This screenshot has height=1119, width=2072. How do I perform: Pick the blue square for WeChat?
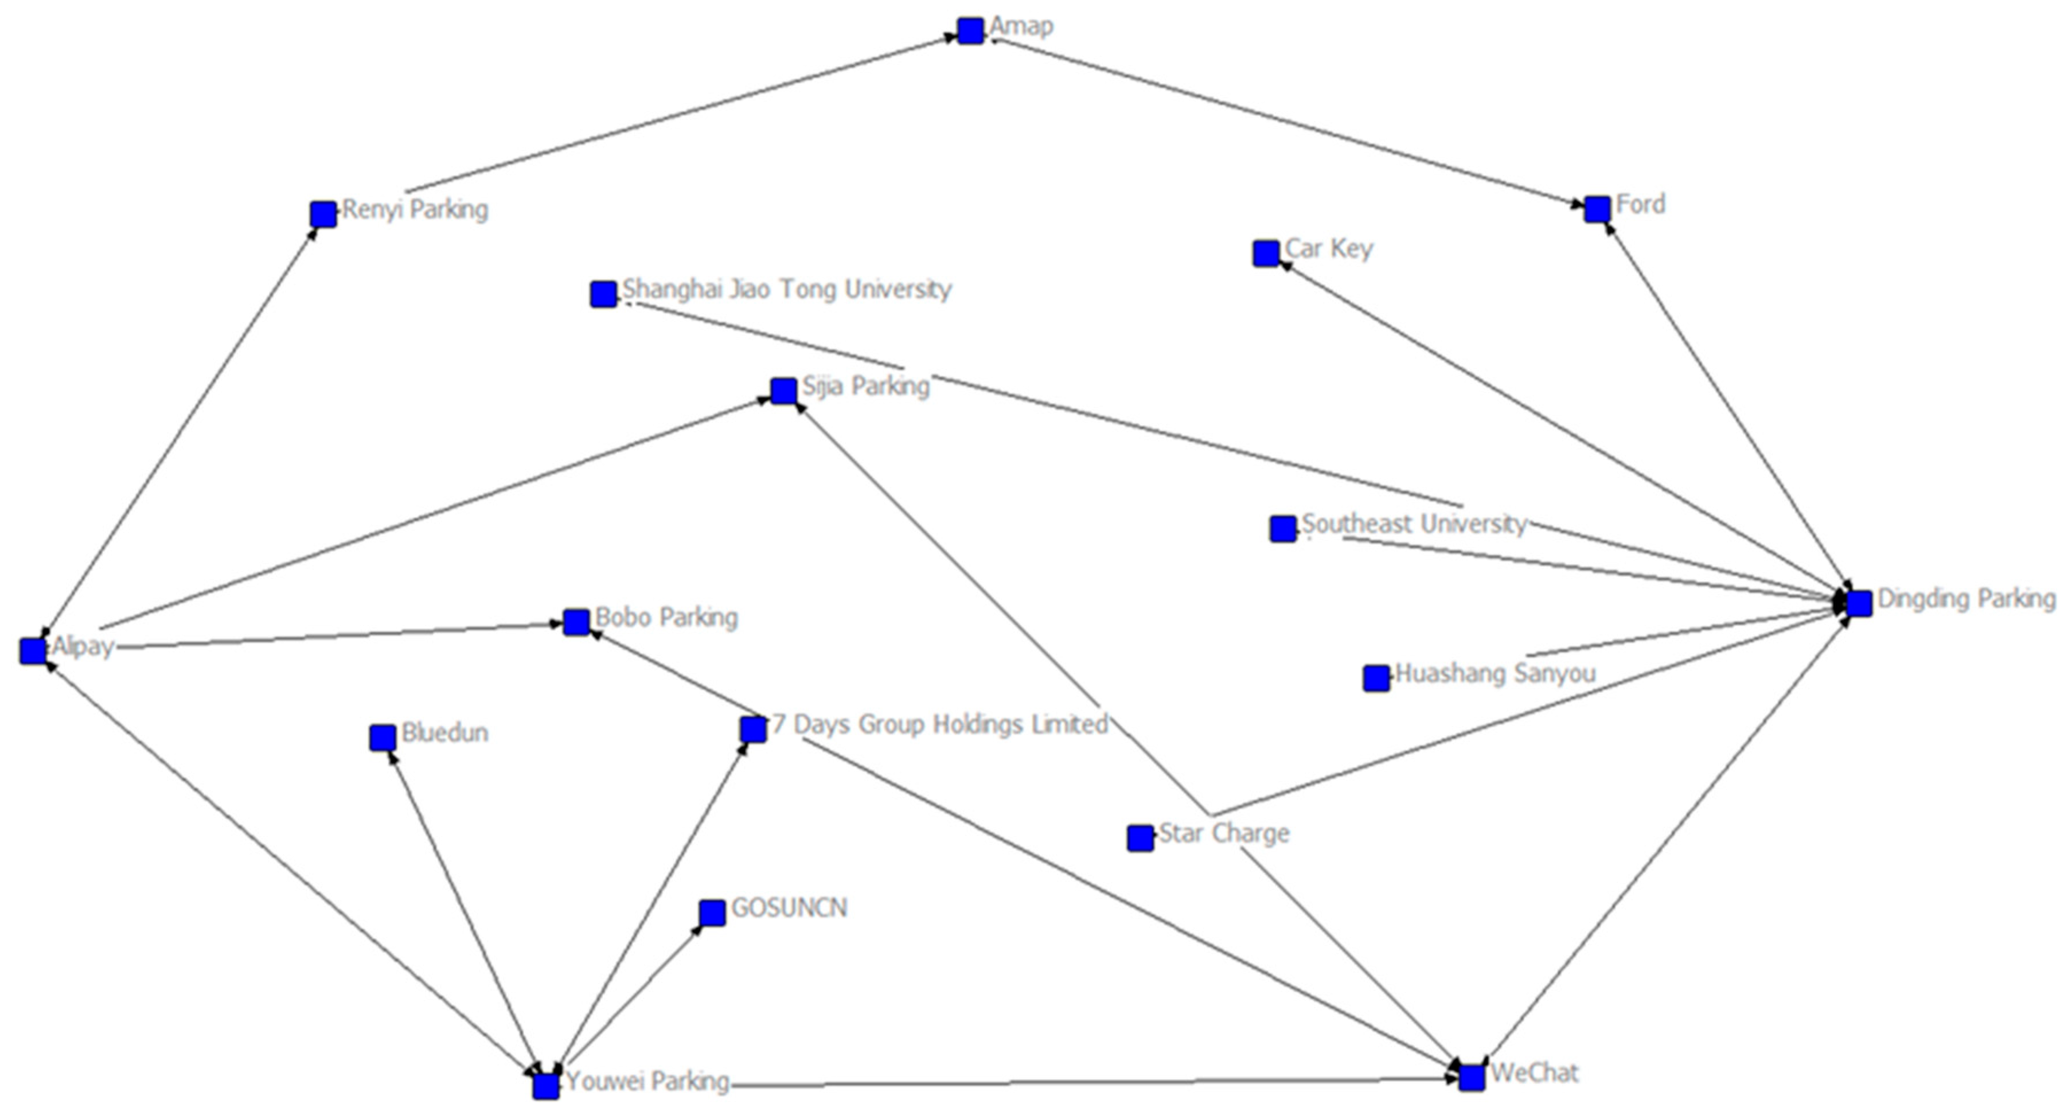(x=1471, y=1078)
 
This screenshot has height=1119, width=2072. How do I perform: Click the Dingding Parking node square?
(x=1858, y=603)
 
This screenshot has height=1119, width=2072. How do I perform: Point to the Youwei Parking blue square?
(x=545, y=1086)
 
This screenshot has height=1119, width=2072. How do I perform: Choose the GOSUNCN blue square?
(x=712, y=913)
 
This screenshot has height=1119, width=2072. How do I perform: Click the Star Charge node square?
(x=1140, y=838)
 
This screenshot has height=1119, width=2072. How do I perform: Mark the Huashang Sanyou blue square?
(x=1376, y=678)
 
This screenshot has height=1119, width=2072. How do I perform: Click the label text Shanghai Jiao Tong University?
(x=787, y=289)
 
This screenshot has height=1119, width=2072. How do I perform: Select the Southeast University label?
(x=1414, y=524)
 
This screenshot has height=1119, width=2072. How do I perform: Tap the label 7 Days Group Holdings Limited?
(x=939, y=724)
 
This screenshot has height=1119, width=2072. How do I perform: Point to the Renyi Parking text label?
(x=415, y=210)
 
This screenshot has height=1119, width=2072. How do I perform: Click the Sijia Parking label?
(x=865, y=386)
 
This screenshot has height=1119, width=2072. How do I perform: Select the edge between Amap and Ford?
(x=1287, y=120)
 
